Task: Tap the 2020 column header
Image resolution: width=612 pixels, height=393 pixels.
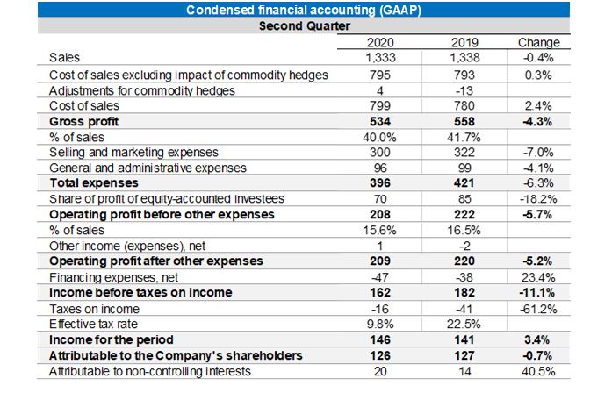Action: [x=378, y=41]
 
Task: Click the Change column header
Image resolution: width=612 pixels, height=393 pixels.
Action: [x=538, y=41]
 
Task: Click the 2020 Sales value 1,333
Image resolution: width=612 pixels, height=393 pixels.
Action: [x=378, y=57]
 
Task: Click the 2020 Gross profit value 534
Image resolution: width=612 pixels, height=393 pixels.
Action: [x=378, y=121]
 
